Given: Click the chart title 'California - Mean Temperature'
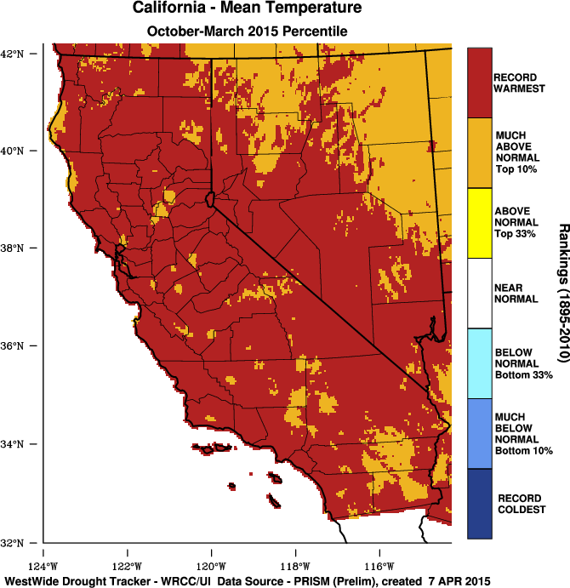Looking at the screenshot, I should coord(247,9).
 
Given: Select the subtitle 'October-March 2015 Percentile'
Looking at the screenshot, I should coord(247,31).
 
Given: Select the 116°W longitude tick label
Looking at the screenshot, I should coord(379,566).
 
